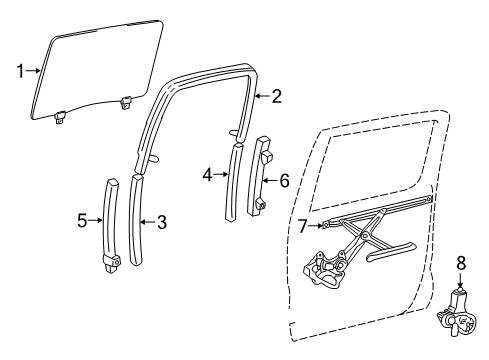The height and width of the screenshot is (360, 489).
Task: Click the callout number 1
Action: click(19, 70)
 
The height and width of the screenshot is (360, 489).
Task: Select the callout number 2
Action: click(277, 96)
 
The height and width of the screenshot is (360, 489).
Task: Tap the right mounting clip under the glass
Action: click(127, 100)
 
